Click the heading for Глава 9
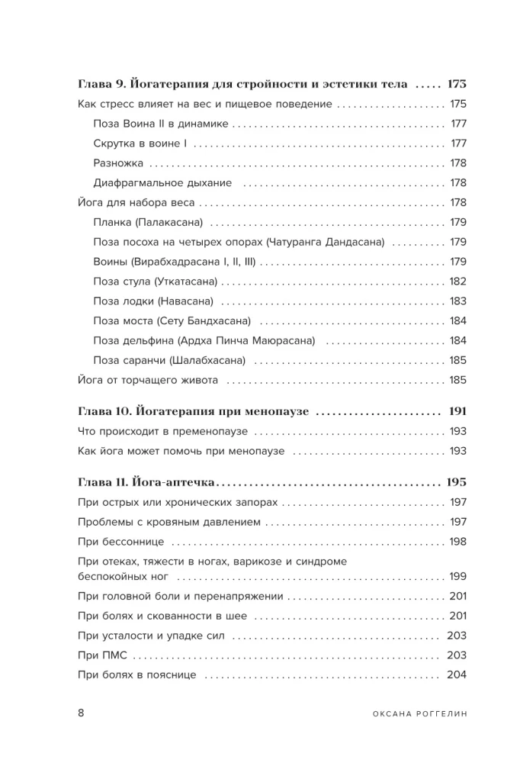click(x=243, y=84)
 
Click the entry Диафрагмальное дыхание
click(x=162, y=183)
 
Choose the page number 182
click(x=457, y=282)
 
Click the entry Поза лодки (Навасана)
click(x=152, y=301)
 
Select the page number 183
click(x=457, y=301)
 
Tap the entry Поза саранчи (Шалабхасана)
click(x=169, y=360)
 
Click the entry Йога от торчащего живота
click(x=148, y=380)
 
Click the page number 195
click(x=456, y=483)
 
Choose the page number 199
click(x=457, y=576)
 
